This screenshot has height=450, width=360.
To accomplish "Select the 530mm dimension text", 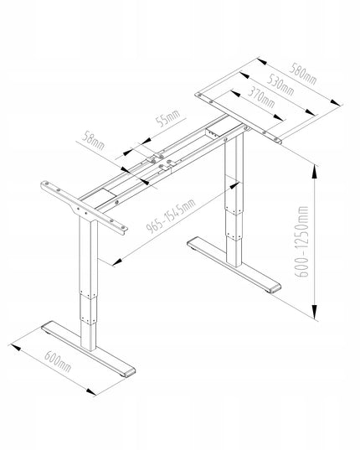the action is [x=280, y=85].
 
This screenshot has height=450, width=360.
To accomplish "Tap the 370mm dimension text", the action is [x=261, y=97].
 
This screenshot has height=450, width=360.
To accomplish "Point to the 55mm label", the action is [x=168, y=118].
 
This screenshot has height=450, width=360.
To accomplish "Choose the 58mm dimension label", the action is [x=93, y=140].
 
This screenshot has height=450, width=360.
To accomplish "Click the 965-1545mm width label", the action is [x=171, y=215].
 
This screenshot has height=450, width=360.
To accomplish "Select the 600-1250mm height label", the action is [x=302, y=241].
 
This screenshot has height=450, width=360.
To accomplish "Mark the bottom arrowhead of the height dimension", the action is [x=315, y=312].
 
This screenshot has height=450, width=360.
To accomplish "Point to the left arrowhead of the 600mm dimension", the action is [x=16, y=347].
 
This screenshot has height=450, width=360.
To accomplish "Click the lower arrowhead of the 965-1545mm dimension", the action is [x=117, y=261].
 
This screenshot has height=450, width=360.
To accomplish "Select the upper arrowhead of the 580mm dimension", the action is [x=262, y=62].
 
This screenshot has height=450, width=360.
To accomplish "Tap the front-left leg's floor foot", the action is [x=89, y=349].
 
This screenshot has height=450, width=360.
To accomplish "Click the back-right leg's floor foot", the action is [x=234, y=264].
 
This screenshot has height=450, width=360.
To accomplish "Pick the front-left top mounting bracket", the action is [x=84, y=208].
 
